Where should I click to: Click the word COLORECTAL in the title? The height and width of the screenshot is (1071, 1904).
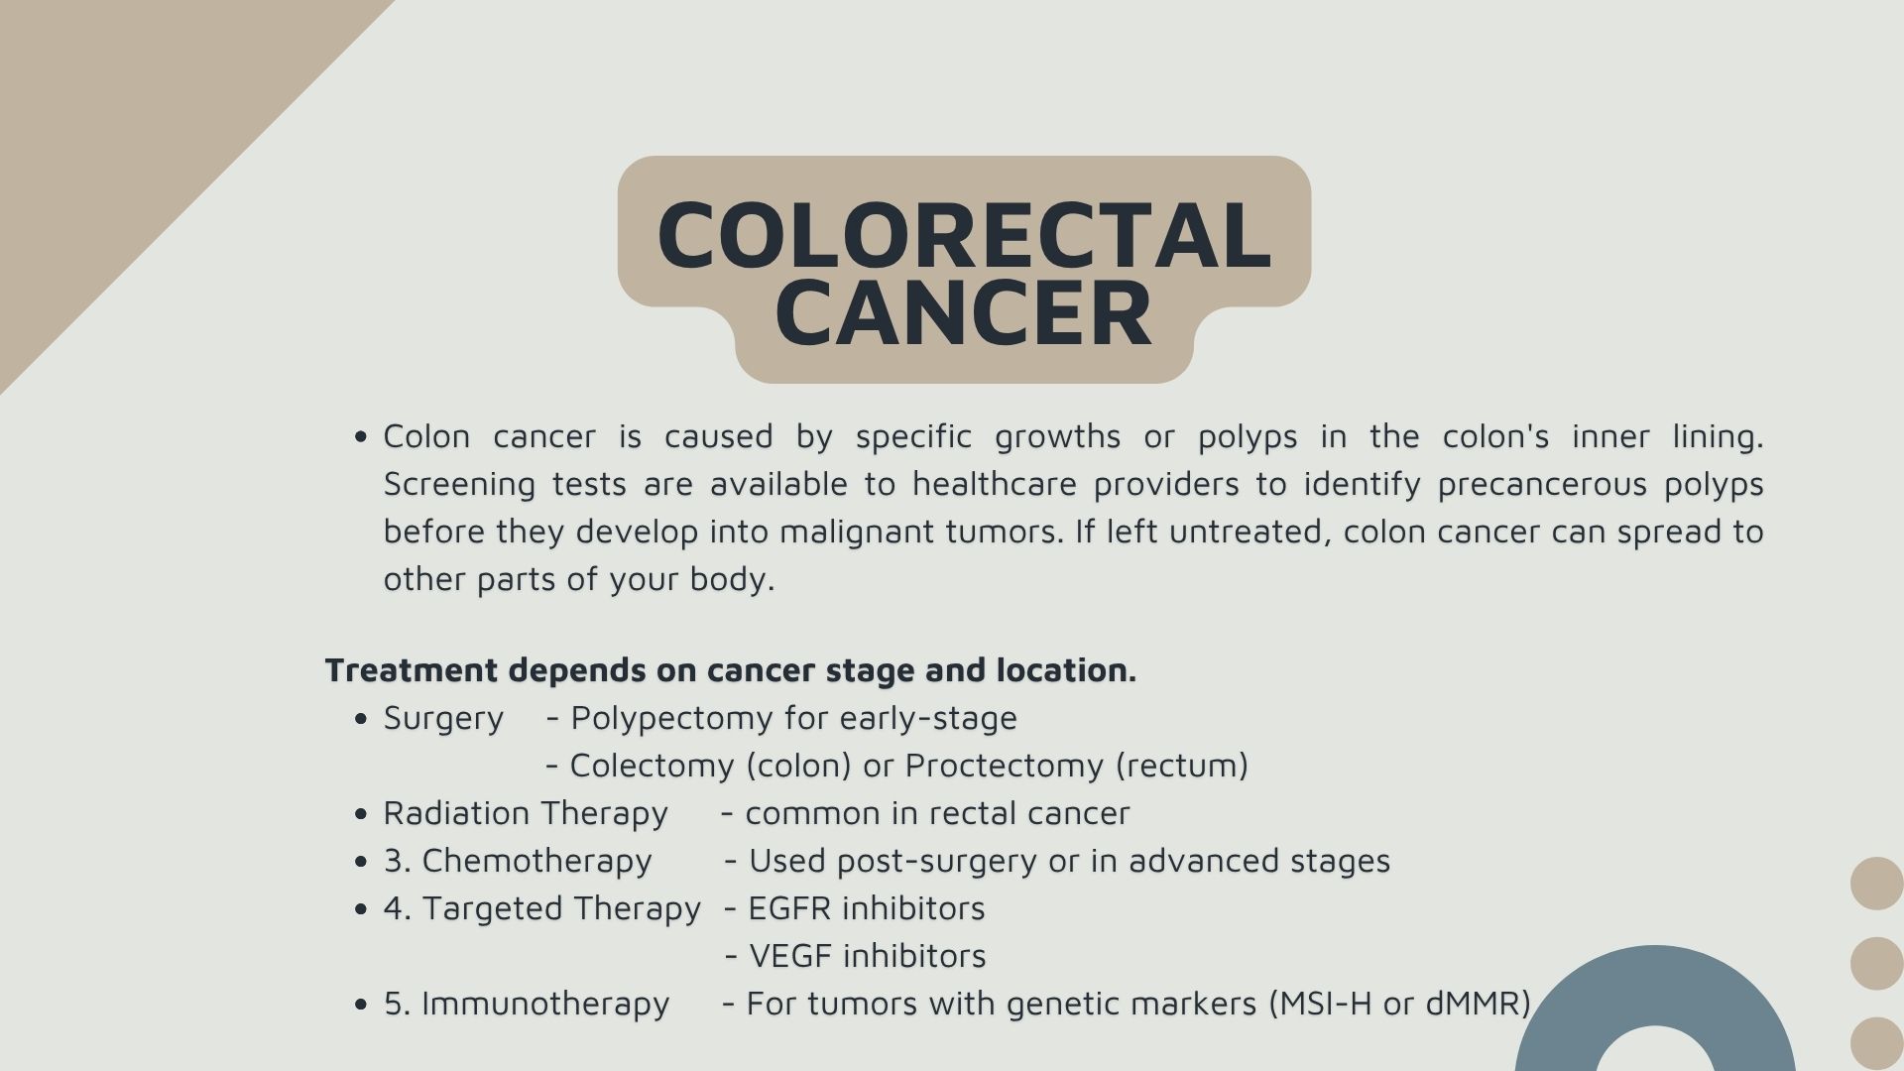(x=964, y=235)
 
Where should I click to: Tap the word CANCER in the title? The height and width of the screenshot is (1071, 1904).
(x=964, y=314)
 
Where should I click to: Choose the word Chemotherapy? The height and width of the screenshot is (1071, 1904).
(x=536, y=861)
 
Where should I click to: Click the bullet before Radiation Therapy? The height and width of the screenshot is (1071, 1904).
(x=361, y=814)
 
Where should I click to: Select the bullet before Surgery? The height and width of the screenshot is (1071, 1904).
(x=361, y=719)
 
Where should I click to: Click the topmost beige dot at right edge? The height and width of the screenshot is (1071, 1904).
(x=1876, y=883)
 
